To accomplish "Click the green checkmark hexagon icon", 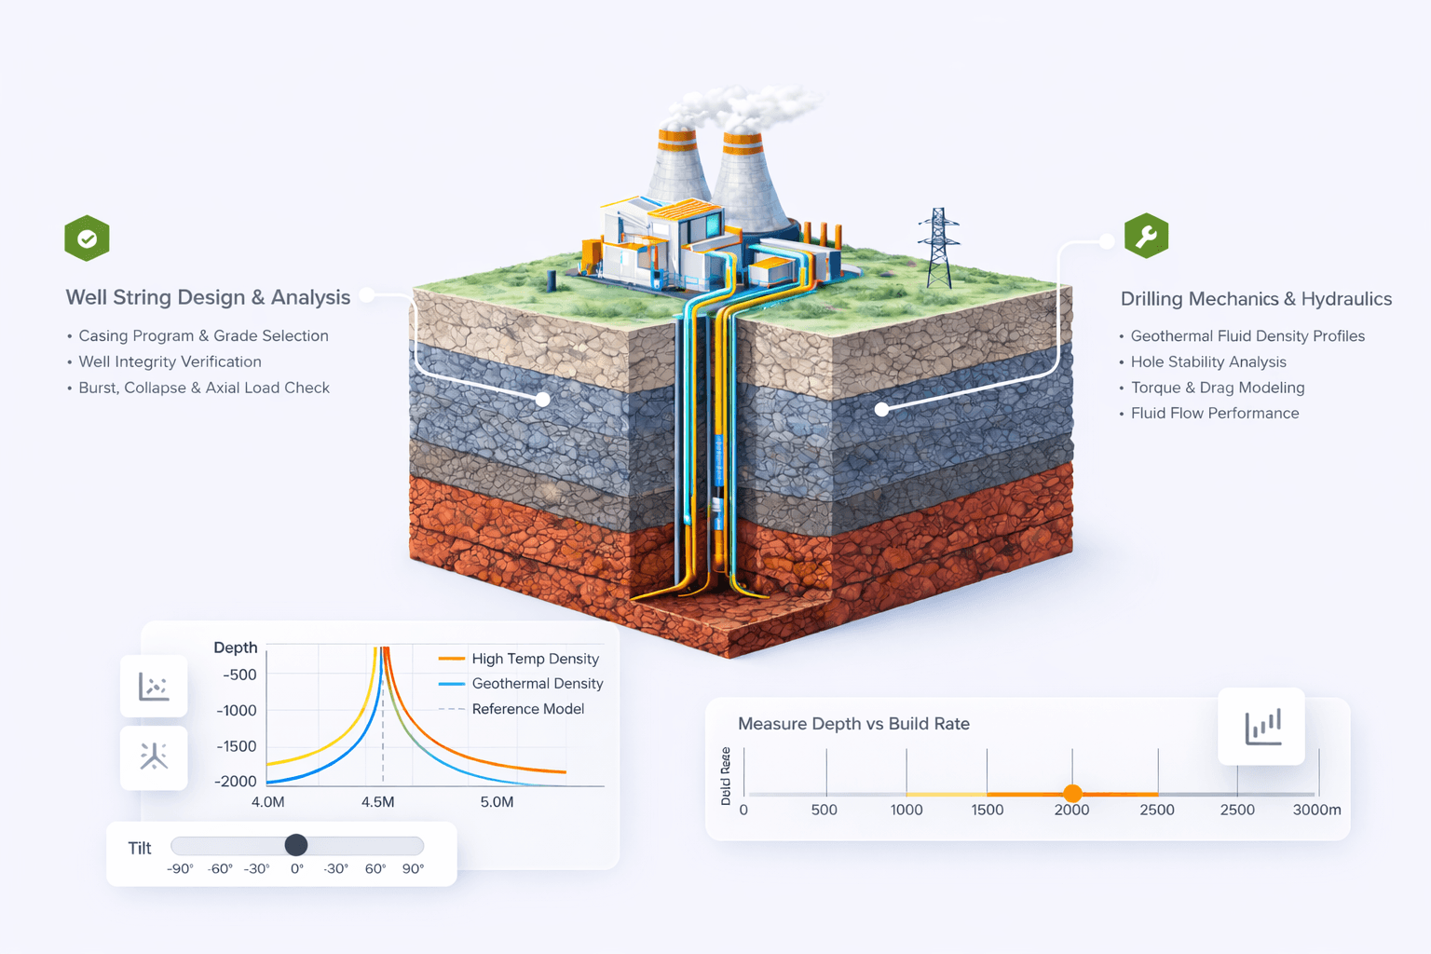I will click(87, 238).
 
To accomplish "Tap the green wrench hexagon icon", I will click(1146, 237).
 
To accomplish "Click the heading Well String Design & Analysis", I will click(208, 297).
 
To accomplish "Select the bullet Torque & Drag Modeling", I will click(1217, 388).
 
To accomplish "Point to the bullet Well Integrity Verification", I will click(170, 361).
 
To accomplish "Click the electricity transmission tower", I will click(938, 248).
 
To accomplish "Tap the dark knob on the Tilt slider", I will click(296, 845).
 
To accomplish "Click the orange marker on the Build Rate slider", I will click(1072, 794).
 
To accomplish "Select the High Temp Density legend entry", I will click(535, 659).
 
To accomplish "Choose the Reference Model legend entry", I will click(527, 709).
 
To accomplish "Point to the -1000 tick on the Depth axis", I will click(237, 710).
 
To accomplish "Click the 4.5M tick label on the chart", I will click(377, 802).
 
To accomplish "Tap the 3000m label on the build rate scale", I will click(1316, 810).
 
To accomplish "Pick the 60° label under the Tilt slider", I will click(375, 868).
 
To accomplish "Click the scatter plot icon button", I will click(154, 687).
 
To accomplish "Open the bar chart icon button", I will click(1261, 727).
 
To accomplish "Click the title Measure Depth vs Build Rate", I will click(853, 724).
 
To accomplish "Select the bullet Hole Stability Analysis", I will click(1208, 361).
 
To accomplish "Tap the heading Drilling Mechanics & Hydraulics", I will click(1256, 299).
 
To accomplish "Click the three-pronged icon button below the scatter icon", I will click(154, 756).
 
